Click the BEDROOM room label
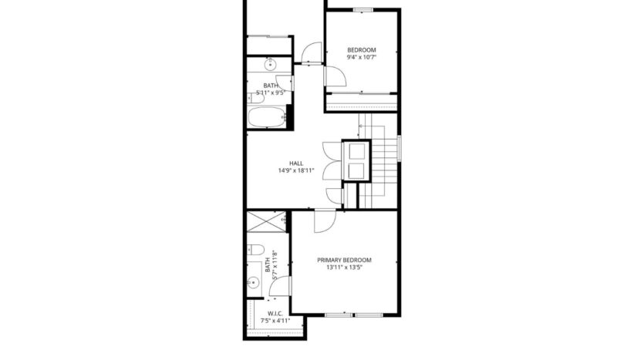point(361,49)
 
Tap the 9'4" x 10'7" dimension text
point(361,57)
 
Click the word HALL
point(296,163)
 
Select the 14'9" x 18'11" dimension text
point(296,170)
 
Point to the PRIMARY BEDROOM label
point(344,261)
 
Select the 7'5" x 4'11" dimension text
point(275,320)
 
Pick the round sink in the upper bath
point(271,63)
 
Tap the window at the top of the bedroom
point(362,9)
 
